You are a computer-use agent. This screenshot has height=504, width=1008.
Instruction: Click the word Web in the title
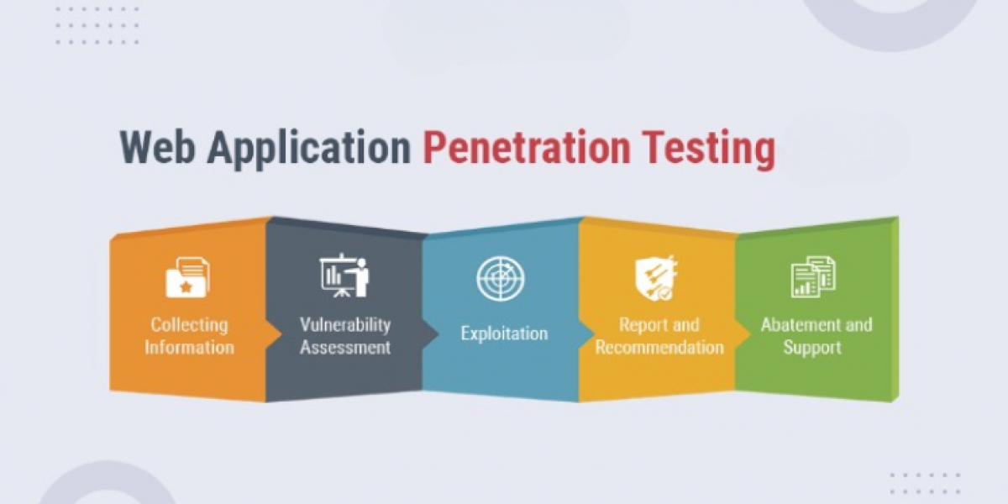(x=158, y=147)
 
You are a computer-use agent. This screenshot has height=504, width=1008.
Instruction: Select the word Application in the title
(x=309, y=149)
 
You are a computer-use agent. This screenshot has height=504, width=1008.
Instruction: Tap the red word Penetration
(x=527, y=149)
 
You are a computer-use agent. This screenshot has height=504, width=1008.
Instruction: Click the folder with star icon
(x=188, y=277)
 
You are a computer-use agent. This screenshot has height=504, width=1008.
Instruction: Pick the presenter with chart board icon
(x=344, y=275)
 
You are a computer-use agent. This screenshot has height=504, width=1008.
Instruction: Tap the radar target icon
(x=501, y=278)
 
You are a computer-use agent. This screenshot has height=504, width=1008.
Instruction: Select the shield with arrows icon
(x=656, y=278)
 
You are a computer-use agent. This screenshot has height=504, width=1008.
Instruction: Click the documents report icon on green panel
(x=813, y=276)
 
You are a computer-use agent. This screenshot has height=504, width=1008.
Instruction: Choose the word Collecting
(x=190, y=325)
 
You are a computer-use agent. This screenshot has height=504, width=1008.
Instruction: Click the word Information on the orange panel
(x=190, y=348)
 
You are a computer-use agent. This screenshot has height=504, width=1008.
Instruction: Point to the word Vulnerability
(x=345, y=325)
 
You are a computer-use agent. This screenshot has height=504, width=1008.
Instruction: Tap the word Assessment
(x=345, y=348)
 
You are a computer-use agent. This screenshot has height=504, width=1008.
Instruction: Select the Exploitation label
(x=505, y=334)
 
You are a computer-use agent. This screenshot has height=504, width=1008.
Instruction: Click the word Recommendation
(x=659, y=348)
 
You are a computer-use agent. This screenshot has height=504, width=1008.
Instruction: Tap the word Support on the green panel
(x=812, y=348)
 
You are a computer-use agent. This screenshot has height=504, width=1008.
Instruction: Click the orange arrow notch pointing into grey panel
(x=274, y=334)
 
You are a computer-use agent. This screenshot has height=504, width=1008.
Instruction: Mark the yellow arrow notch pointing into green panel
(x=743, y=334)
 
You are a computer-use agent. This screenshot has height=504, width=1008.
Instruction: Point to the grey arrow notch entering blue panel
(x=430, y=334)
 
